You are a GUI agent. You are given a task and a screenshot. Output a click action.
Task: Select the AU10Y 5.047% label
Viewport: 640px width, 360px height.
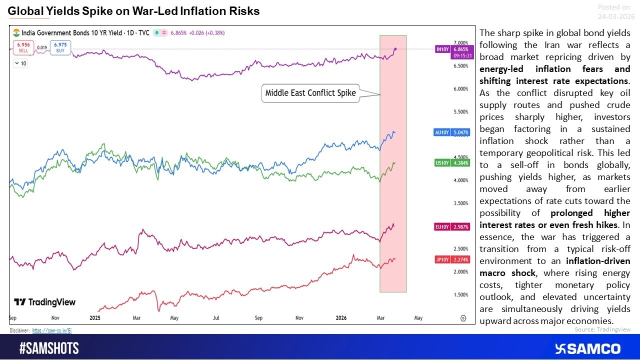click(452, 132)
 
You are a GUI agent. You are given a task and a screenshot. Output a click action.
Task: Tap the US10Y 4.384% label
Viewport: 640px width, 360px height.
click(452, 163)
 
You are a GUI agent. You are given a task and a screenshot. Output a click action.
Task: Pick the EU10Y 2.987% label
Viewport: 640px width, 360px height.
click(452, 227)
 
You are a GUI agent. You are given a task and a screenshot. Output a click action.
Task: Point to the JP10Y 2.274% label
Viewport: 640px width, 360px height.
click(452, 259)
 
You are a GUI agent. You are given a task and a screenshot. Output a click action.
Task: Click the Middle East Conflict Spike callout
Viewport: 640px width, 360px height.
click(310, 93)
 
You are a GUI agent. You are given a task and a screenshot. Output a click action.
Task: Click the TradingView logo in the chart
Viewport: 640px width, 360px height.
click(44, 302)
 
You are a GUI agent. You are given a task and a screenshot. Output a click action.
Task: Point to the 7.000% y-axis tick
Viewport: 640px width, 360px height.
click(460, 43)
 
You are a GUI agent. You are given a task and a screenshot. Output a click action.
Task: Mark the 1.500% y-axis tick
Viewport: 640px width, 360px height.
click(460, 295)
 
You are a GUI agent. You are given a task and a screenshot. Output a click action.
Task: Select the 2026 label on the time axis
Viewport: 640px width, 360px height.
click(341, 317)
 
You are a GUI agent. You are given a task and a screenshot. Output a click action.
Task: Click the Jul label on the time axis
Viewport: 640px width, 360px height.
click(216, 317)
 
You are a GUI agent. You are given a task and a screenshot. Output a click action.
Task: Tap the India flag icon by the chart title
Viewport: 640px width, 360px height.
click(16, 32)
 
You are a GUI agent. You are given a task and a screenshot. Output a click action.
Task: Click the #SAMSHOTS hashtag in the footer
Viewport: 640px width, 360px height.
click(49, 348)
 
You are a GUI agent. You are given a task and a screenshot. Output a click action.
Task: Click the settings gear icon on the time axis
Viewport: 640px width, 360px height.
click(463, 318)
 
